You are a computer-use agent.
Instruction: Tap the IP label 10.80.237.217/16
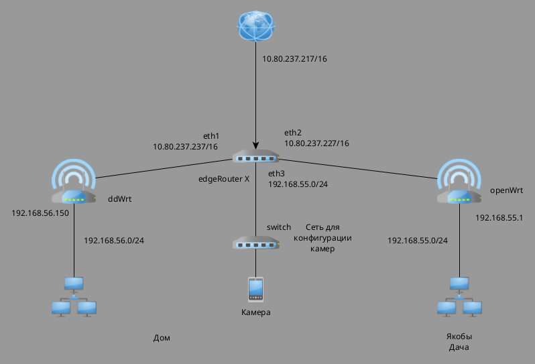point(294,59)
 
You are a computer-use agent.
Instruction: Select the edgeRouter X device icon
point(255,157)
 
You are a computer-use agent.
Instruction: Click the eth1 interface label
point(211,135)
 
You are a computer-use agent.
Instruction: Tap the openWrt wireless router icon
point(459,182)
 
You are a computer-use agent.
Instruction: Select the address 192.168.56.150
point(40,213)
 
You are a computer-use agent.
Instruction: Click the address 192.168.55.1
point(499,218)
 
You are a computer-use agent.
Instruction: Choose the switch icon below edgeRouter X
point(255,243)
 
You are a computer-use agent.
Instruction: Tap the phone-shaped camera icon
point(255,289)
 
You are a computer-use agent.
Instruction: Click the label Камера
point(255,313)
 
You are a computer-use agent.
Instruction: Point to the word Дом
point(162,338)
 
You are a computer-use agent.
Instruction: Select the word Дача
point(459,347)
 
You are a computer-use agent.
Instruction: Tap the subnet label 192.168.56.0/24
point(114,240)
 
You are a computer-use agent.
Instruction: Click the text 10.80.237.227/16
point(316,143)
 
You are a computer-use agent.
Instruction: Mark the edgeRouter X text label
point(224,180)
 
